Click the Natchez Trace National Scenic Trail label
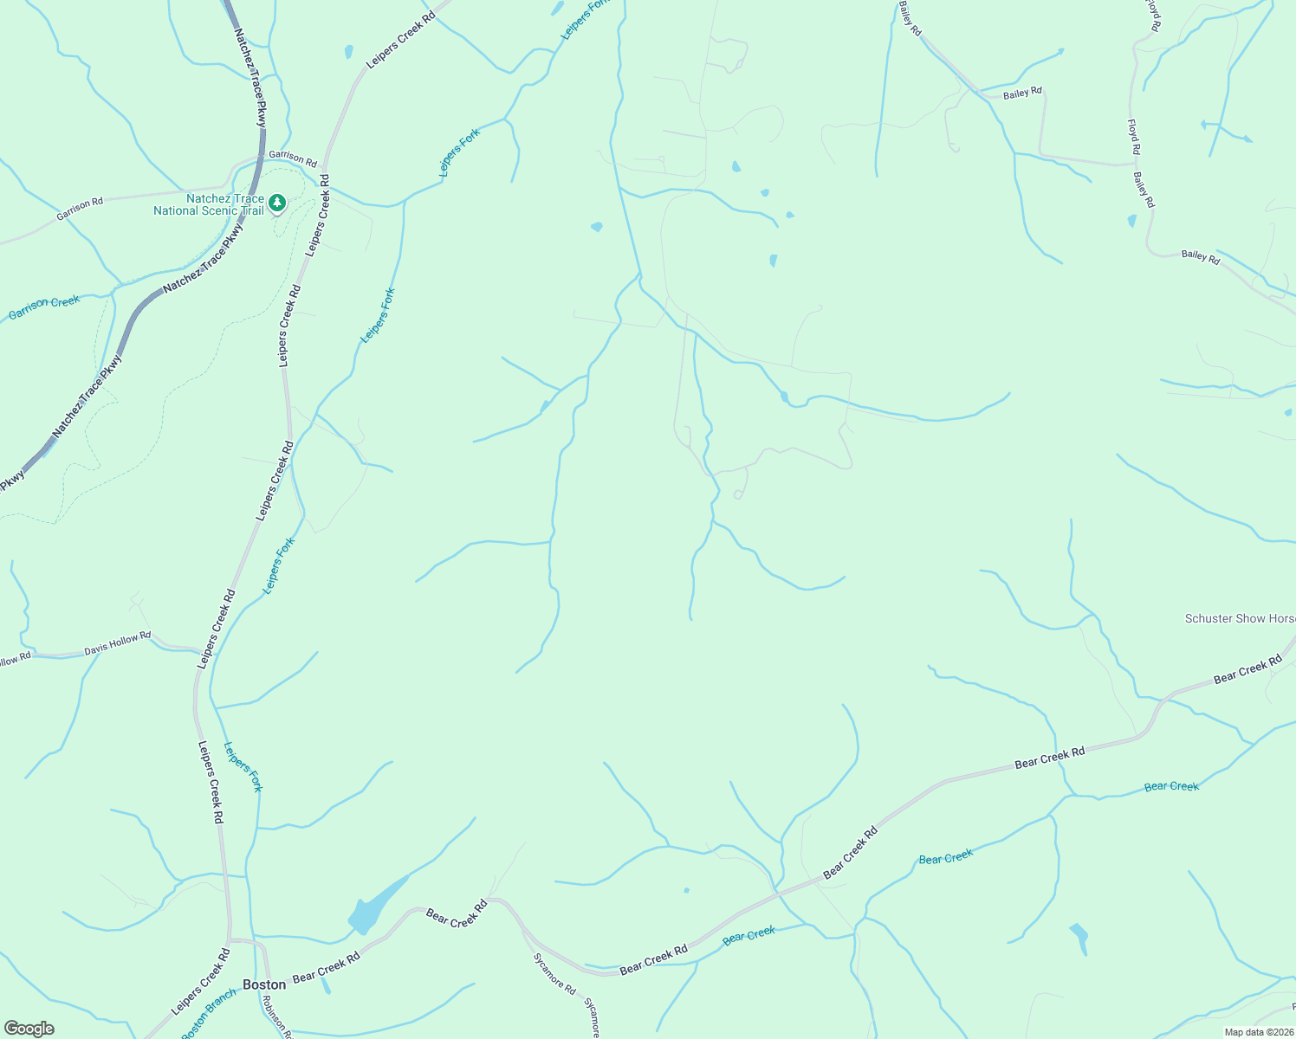(209, 204)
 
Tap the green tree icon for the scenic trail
(277, 203)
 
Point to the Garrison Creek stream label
(44, 307)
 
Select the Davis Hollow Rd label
(117, 642)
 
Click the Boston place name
(264, 984)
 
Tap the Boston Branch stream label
(208, 1015)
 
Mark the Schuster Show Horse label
(1240, 618)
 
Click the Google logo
(29, 1029)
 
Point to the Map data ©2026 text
(1258, 1032)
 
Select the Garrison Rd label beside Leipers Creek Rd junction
(292, 158)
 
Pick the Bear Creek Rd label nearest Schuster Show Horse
(1247, 669)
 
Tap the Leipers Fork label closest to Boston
(243, 766)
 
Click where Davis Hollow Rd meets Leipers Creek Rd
(198, 649)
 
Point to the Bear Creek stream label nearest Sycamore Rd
(748, 935)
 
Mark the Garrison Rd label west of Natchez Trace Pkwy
(80, 209)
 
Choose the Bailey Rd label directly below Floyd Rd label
(1144, 190)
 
